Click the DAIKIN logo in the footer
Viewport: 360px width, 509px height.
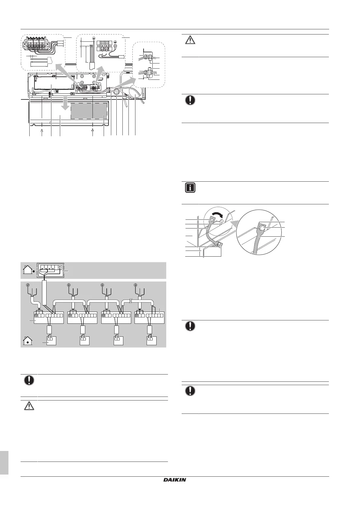(x=175, y=480)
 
